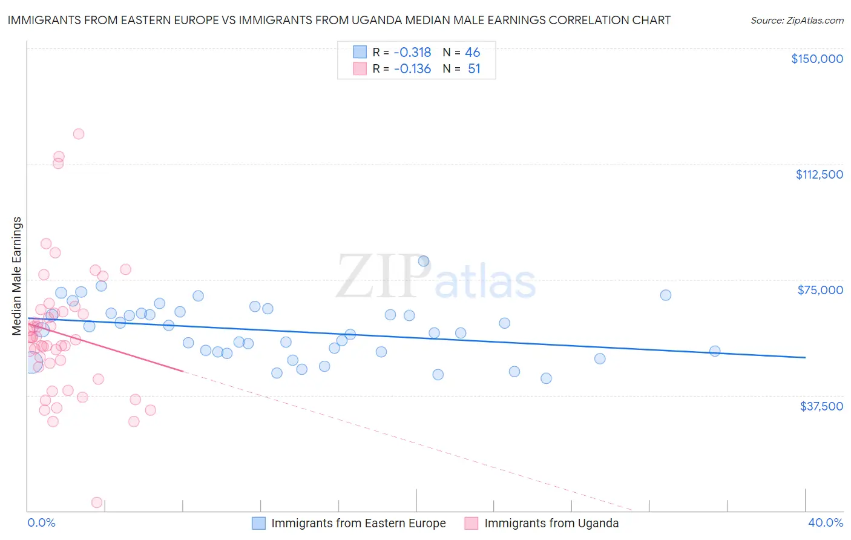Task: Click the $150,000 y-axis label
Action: pyautogui.click(x=816, y=59)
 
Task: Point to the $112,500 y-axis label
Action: pyautogui.click(x=819, y=174)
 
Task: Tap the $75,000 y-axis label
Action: pyautogui.click(x=820, y=290)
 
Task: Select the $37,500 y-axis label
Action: pyautogui.click(x=821, y=406)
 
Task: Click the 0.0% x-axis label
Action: pyautogui.click(x=41, y=522)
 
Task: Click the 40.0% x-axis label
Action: pyautogui.click(x=825, y=522)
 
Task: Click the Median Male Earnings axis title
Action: pyautogui.click(x=17, y=276)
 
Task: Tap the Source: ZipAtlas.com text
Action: pyautogui.click(x=797, y=21)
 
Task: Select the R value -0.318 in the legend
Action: pyautogui.click(x=412, y=52)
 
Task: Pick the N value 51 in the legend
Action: pyautogui.click(x=474, y=69)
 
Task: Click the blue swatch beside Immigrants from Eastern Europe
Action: pyautogui.click(x=259, y=523)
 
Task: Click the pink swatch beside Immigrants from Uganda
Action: pyautogui.click(x=471, y=523)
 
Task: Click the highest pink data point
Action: pyautogui.click(x=79, y=134)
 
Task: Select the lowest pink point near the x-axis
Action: pyautogui.click(x=96, y=502)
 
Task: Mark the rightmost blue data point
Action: pyautogui.click(x=715, y=351)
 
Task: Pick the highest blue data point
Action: pyautogui.click(x=424, y=261)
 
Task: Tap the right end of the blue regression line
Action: pyautogui.click(x=805, y=358)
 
